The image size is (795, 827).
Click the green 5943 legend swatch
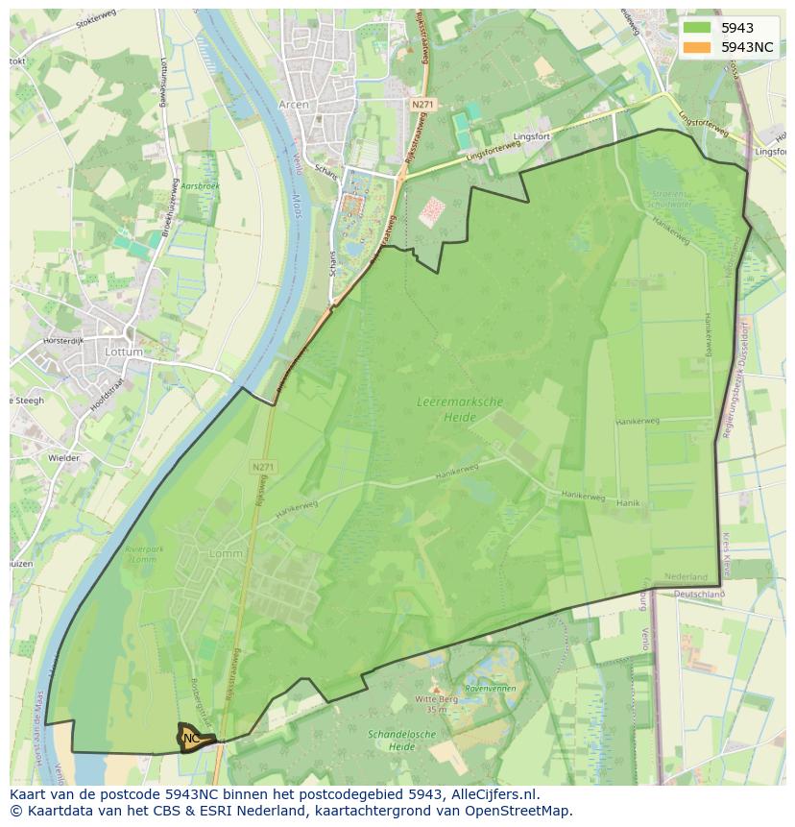click(x=697, y=28)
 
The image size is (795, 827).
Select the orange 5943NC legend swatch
click(x=697, y=47)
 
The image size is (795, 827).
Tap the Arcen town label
click(x=294, y=104)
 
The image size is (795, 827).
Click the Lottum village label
click(x=124, y=353)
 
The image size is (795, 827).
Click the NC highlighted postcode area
click(x=192, y=738)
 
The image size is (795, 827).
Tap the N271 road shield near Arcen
click(x=422, y=103)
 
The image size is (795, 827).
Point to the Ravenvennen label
click(x=491, y=689)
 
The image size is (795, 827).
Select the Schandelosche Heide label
click(x=391, y=740)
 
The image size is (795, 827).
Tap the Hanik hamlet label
click(x=628, y=502)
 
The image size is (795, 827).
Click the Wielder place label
click(x=63, y=458)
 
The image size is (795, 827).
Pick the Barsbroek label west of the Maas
click(x=200, y=185)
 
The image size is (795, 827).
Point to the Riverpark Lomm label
click(x=143, y=554)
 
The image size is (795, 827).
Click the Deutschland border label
click(x=698, y=594)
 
